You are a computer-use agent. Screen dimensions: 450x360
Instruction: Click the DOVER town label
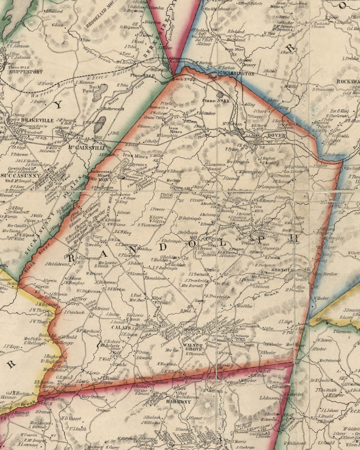pyautogui.click(x=276, y=136)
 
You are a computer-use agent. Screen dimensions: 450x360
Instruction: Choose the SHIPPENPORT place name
pyautogui.click(x=26, y=71)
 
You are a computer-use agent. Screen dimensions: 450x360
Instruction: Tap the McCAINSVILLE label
pyautogui.click(x=86, y=148)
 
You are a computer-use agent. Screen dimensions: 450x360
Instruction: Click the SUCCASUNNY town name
pyautogui.click(x=21, y=175)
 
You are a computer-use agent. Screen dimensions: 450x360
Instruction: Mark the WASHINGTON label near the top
pyautogui.click(x=238, y=74)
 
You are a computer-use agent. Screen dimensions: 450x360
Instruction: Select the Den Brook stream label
pyautogui.click(x=265, y=295)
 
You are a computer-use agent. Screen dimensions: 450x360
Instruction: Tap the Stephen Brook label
pyautogui.click(x=97, y=56)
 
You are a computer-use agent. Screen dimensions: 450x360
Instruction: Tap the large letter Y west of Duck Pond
pyautogui.click(x=58, y=105)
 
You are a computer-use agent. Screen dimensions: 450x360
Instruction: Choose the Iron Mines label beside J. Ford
pyautogui.click(x=175, y=130)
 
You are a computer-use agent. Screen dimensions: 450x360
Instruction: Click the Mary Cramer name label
pyautogui.click(x=93, y=397)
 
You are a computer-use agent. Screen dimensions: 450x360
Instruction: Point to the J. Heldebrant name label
pyautogui.click(x=57, y=264)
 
